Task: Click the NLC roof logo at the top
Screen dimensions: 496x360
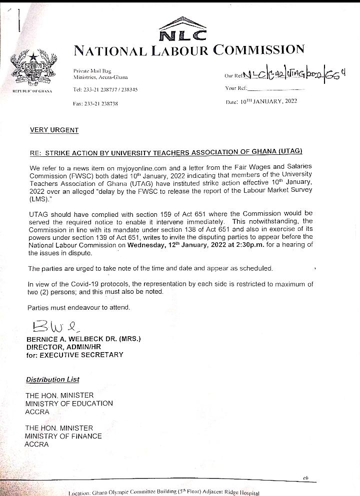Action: point(182,29)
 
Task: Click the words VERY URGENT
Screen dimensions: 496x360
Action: point(54,130)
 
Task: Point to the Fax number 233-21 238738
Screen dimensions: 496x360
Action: point(95,104)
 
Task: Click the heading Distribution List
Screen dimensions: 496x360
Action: point(52,380)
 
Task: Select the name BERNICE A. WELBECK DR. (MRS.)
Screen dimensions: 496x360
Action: point(83,339)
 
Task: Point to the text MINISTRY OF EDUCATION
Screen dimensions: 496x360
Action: point(69,404)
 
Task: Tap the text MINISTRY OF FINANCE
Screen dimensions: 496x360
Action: point(63,436)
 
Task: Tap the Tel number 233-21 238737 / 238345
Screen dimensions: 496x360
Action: point(105,89)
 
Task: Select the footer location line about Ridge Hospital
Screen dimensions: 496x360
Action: point(164,493)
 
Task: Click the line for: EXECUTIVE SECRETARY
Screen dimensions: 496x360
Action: point(74,355)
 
